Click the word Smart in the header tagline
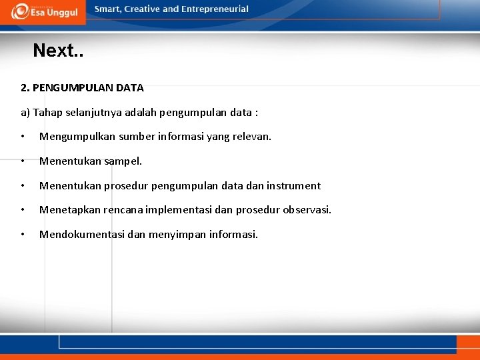point(107,9)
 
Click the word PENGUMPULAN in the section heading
point(72,87)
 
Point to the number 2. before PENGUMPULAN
point(25,87)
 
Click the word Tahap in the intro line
point(47,112)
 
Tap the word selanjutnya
point(95,112)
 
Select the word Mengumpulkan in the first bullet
point(77,137)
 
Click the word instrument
point(293,186)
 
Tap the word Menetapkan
point(70,210)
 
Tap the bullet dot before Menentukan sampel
point(23,161)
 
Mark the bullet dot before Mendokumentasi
point(23,235)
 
